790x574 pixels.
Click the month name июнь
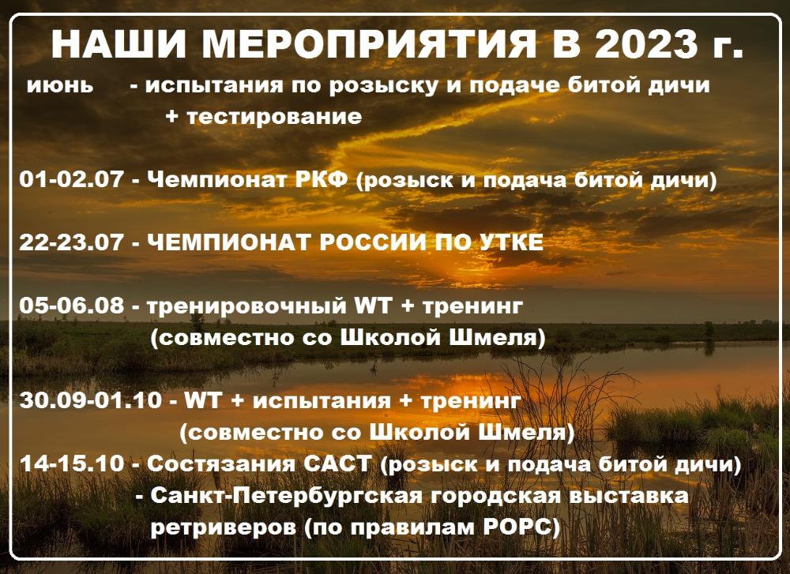[60, 85]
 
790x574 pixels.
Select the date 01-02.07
[71, 180]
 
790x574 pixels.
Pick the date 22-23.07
[71, 242]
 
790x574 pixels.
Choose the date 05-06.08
[71, 306]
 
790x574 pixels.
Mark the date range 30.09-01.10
[92, 400]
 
